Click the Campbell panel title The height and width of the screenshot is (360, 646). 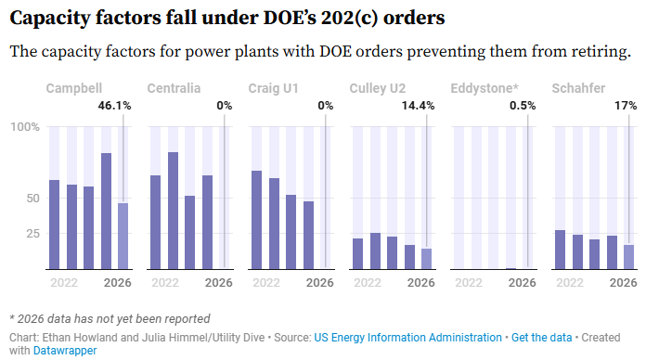(73, 88)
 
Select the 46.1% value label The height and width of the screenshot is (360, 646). (114, 106)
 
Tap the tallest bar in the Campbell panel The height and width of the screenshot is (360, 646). (106, 211)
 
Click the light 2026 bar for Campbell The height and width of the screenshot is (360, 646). (123, 236)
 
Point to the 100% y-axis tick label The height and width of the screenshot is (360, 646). (25, 127)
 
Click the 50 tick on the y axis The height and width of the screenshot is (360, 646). (33, 199)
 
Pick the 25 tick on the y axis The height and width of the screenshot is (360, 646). (33, 234)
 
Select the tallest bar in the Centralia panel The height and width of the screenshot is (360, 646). (173, 211)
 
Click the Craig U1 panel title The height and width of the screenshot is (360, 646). (273, 88)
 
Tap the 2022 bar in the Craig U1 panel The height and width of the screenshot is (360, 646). (257, 220)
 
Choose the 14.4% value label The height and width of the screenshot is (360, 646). (419, 106)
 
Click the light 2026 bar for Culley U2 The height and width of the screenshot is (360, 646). (426, 259)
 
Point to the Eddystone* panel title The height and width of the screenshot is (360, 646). (484, 88)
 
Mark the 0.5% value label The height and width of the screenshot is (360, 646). (523, 106)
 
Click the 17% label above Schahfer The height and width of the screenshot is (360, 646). (626, 106)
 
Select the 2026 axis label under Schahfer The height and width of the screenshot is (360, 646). (624, 283)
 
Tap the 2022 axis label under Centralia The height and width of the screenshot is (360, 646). (165, 283)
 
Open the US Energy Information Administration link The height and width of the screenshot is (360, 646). (407, 338)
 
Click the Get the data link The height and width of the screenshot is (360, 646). (542, 338)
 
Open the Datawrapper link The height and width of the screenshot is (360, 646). (65, 351)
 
